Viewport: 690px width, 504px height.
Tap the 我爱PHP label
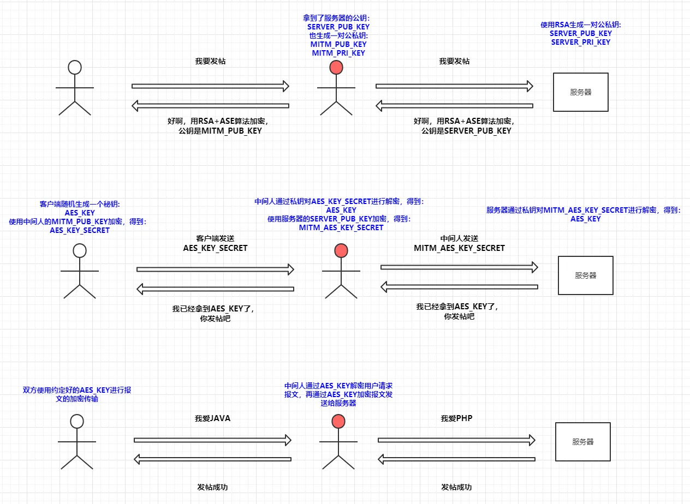coord(456,419)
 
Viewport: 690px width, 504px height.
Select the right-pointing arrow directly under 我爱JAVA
coord(212,440)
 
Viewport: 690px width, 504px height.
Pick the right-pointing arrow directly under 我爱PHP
coord(456,440)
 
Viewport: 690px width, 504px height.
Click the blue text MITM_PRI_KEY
coord(338,53)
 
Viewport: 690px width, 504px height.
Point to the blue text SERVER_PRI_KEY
coord(581,42)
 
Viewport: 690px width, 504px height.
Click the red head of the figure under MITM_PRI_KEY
coord(336,68)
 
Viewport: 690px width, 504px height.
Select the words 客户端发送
coord(215,238)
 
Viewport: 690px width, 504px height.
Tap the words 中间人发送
coord(459,238)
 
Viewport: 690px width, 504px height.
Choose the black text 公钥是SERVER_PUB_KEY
coord(466,131)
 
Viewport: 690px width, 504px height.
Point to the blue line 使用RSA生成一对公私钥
coord(581,25)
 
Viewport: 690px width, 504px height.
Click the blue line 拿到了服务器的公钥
coord(338,18)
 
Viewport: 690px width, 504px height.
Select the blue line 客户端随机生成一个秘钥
coord(80,204)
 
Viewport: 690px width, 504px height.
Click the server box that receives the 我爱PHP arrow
coord(582,441)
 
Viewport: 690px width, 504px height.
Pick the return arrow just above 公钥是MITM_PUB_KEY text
coord(211,106)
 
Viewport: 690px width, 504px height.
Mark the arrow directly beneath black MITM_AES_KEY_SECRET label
coord(459,267)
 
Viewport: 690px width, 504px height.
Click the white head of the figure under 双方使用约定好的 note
coord(77,421)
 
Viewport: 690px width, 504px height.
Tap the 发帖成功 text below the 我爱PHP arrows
coord(456,487)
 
